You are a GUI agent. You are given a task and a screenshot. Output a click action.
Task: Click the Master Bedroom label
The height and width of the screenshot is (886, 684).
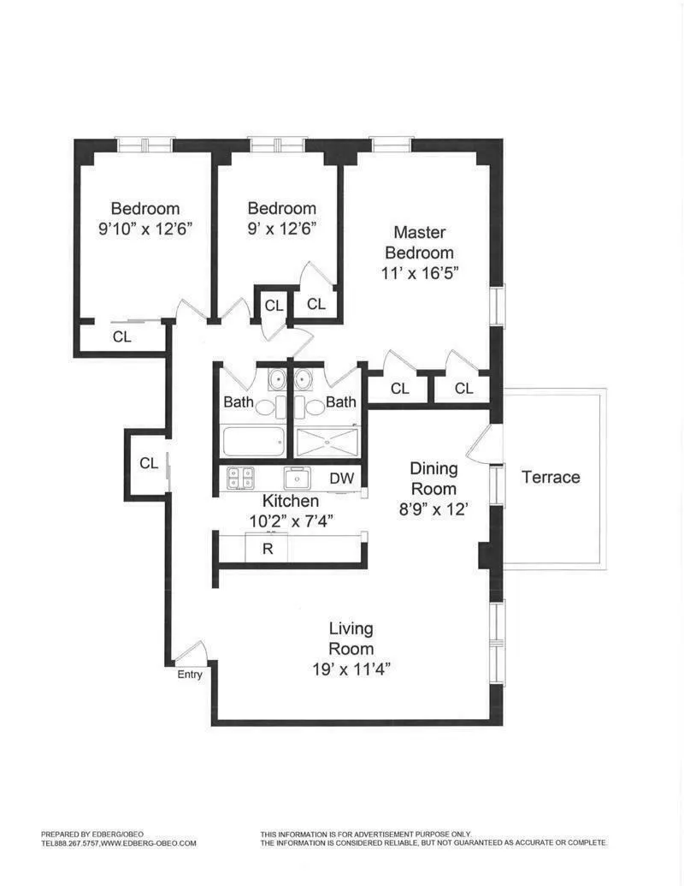coord(419,242)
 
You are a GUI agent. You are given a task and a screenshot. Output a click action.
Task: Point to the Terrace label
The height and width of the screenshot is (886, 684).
coord(551,477)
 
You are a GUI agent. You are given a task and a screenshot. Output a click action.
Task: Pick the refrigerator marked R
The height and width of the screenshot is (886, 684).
coord(267,549)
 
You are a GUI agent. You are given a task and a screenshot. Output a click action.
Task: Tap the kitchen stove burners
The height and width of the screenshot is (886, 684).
coord(239,478)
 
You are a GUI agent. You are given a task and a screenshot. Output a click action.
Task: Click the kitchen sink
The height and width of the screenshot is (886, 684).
coord(297,478)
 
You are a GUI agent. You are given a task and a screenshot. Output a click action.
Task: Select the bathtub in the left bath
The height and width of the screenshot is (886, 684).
coord(253,443)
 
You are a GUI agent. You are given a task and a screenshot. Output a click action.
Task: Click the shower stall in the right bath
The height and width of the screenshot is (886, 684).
coord(327,443)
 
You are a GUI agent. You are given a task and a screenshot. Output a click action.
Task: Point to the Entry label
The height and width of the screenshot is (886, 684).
coord(190,675)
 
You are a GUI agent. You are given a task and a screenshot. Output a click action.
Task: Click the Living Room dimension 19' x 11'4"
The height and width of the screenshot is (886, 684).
coord(351,669)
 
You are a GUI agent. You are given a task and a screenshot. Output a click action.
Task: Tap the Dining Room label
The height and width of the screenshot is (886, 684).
coord(433,479)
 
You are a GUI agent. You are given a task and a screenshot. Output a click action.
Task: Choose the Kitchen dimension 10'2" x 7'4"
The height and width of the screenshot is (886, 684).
coord(291,519)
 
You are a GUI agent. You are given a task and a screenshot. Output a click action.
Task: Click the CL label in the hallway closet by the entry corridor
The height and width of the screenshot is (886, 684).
coord(149,463)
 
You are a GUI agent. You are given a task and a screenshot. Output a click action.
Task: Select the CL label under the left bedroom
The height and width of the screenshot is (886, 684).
coord(122,337)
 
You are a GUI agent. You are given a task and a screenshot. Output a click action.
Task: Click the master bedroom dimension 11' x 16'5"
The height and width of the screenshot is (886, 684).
coord(419,274)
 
